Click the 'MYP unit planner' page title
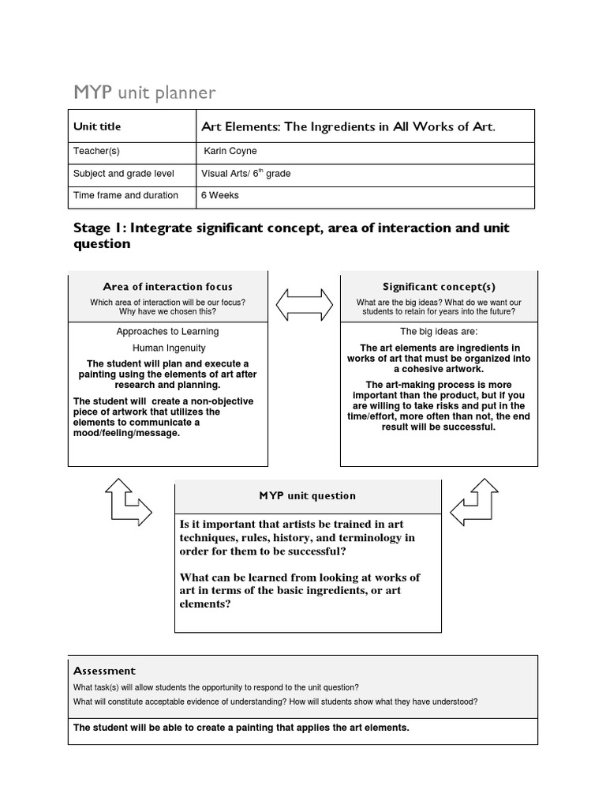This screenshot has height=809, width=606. click(x=144, y=93)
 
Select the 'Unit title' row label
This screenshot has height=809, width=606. click(x=97, y=126)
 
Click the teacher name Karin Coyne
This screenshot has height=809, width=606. click(x=230, y=151)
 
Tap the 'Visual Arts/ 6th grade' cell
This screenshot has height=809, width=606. click(x=246, y=173)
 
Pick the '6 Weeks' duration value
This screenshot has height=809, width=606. click(x=220, y=195)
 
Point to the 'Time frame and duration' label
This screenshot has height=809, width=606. click(x=125, y=195)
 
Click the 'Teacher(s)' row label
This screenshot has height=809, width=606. click(x=96, y=151)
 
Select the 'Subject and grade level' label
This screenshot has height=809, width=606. click(x=123, y=173)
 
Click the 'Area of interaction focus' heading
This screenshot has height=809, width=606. click(x=167, y=287)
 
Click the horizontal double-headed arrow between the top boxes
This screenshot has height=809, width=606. click(x=304, y=304)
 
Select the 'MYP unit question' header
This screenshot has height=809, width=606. click(x=307, y=496)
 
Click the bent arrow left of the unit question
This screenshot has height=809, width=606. click(x=128, y=502)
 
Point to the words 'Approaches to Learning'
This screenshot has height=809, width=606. click(x=167, y=332)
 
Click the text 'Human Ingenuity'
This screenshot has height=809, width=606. click(x=168, y=348)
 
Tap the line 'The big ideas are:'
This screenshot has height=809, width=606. click(x=439, y=332)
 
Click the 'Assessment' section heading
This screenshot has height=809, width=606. click(x=104, y=671)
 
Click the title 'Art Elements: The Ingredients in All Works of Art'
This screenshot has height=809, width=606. click(x=349, y=126)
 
